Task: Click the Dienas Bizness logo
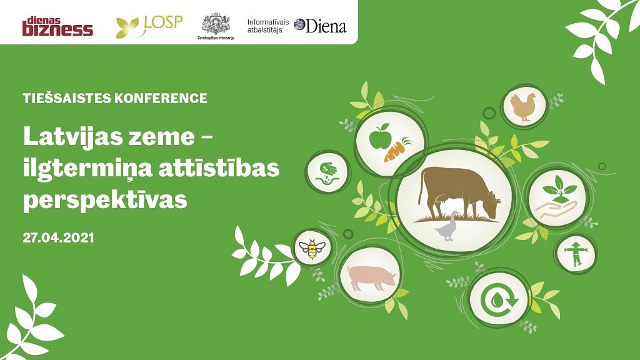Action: [x=57, y=26]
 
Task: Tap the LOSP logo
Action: [x=149, y=26]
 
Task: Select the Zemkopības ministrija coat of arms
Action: [x=216, y=24]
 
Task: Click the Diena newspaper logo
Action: [x=320, y=26]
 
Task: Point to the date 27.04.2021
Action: [x=58, y=237]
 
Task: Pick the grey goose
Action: [x=446, y=226]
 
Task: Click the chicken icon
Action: [x=523, y=107]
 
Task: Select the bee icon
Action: [x=312, y=249]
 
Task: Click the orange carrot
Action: [x=397, y=149]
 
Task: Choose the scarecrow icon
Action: [x=576, y=254]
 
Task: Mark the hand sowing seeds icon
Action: [x=327, y=172]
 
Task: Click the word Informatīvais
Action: [x=267, y=22]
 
